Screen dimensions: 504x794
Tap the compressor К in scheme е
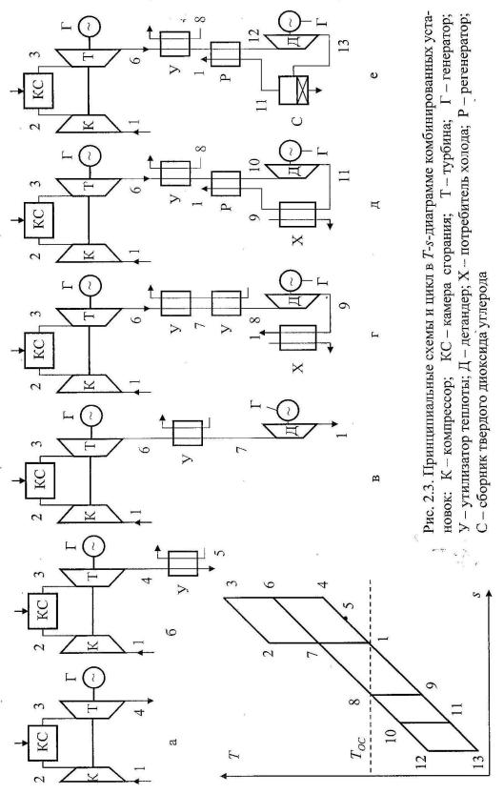[x=88, y=124]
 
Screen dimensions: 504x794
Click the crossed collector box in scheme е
[x=295, y=91]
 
